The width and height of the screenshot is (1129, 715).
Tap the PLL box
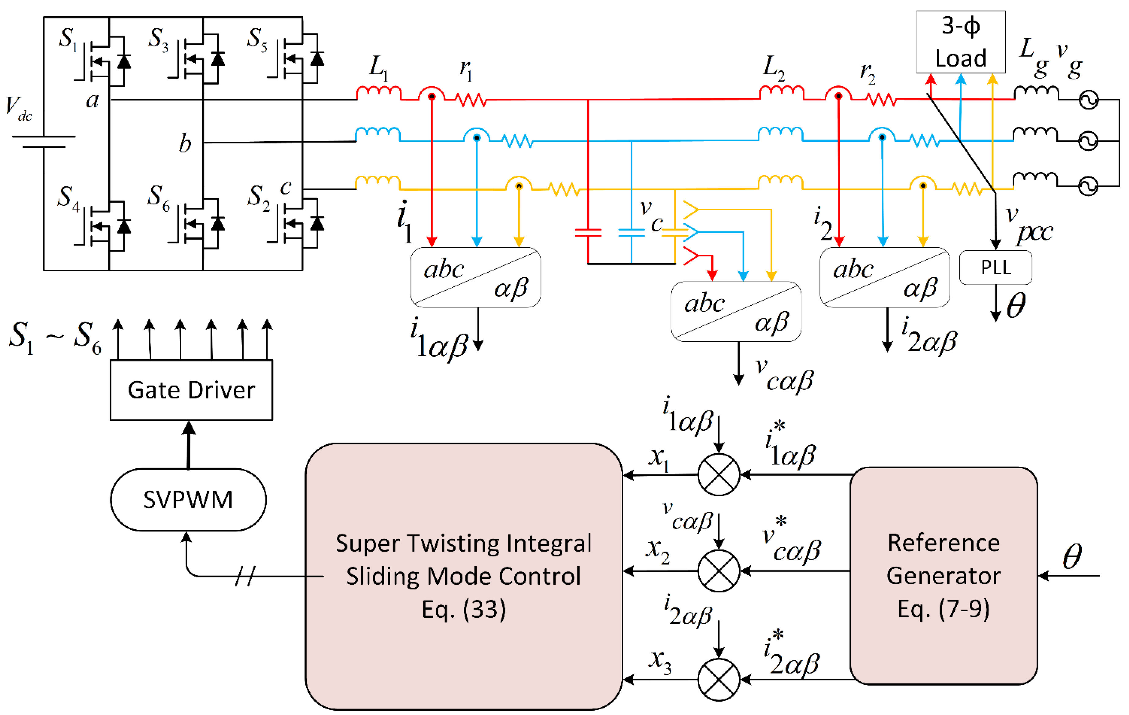coord(996,267)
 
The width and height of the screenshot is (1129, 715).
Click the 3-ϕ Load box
coord(960,42)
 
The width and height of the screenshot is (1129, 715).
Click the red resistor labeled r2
coord(881,99)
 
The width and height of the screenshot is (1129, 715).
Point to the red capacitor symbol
coord(588,232)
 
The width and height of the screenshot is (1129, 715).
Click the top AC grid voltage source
coord(1088,99)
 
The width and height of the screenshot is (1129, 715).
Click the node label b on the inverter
coord(185,143)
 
